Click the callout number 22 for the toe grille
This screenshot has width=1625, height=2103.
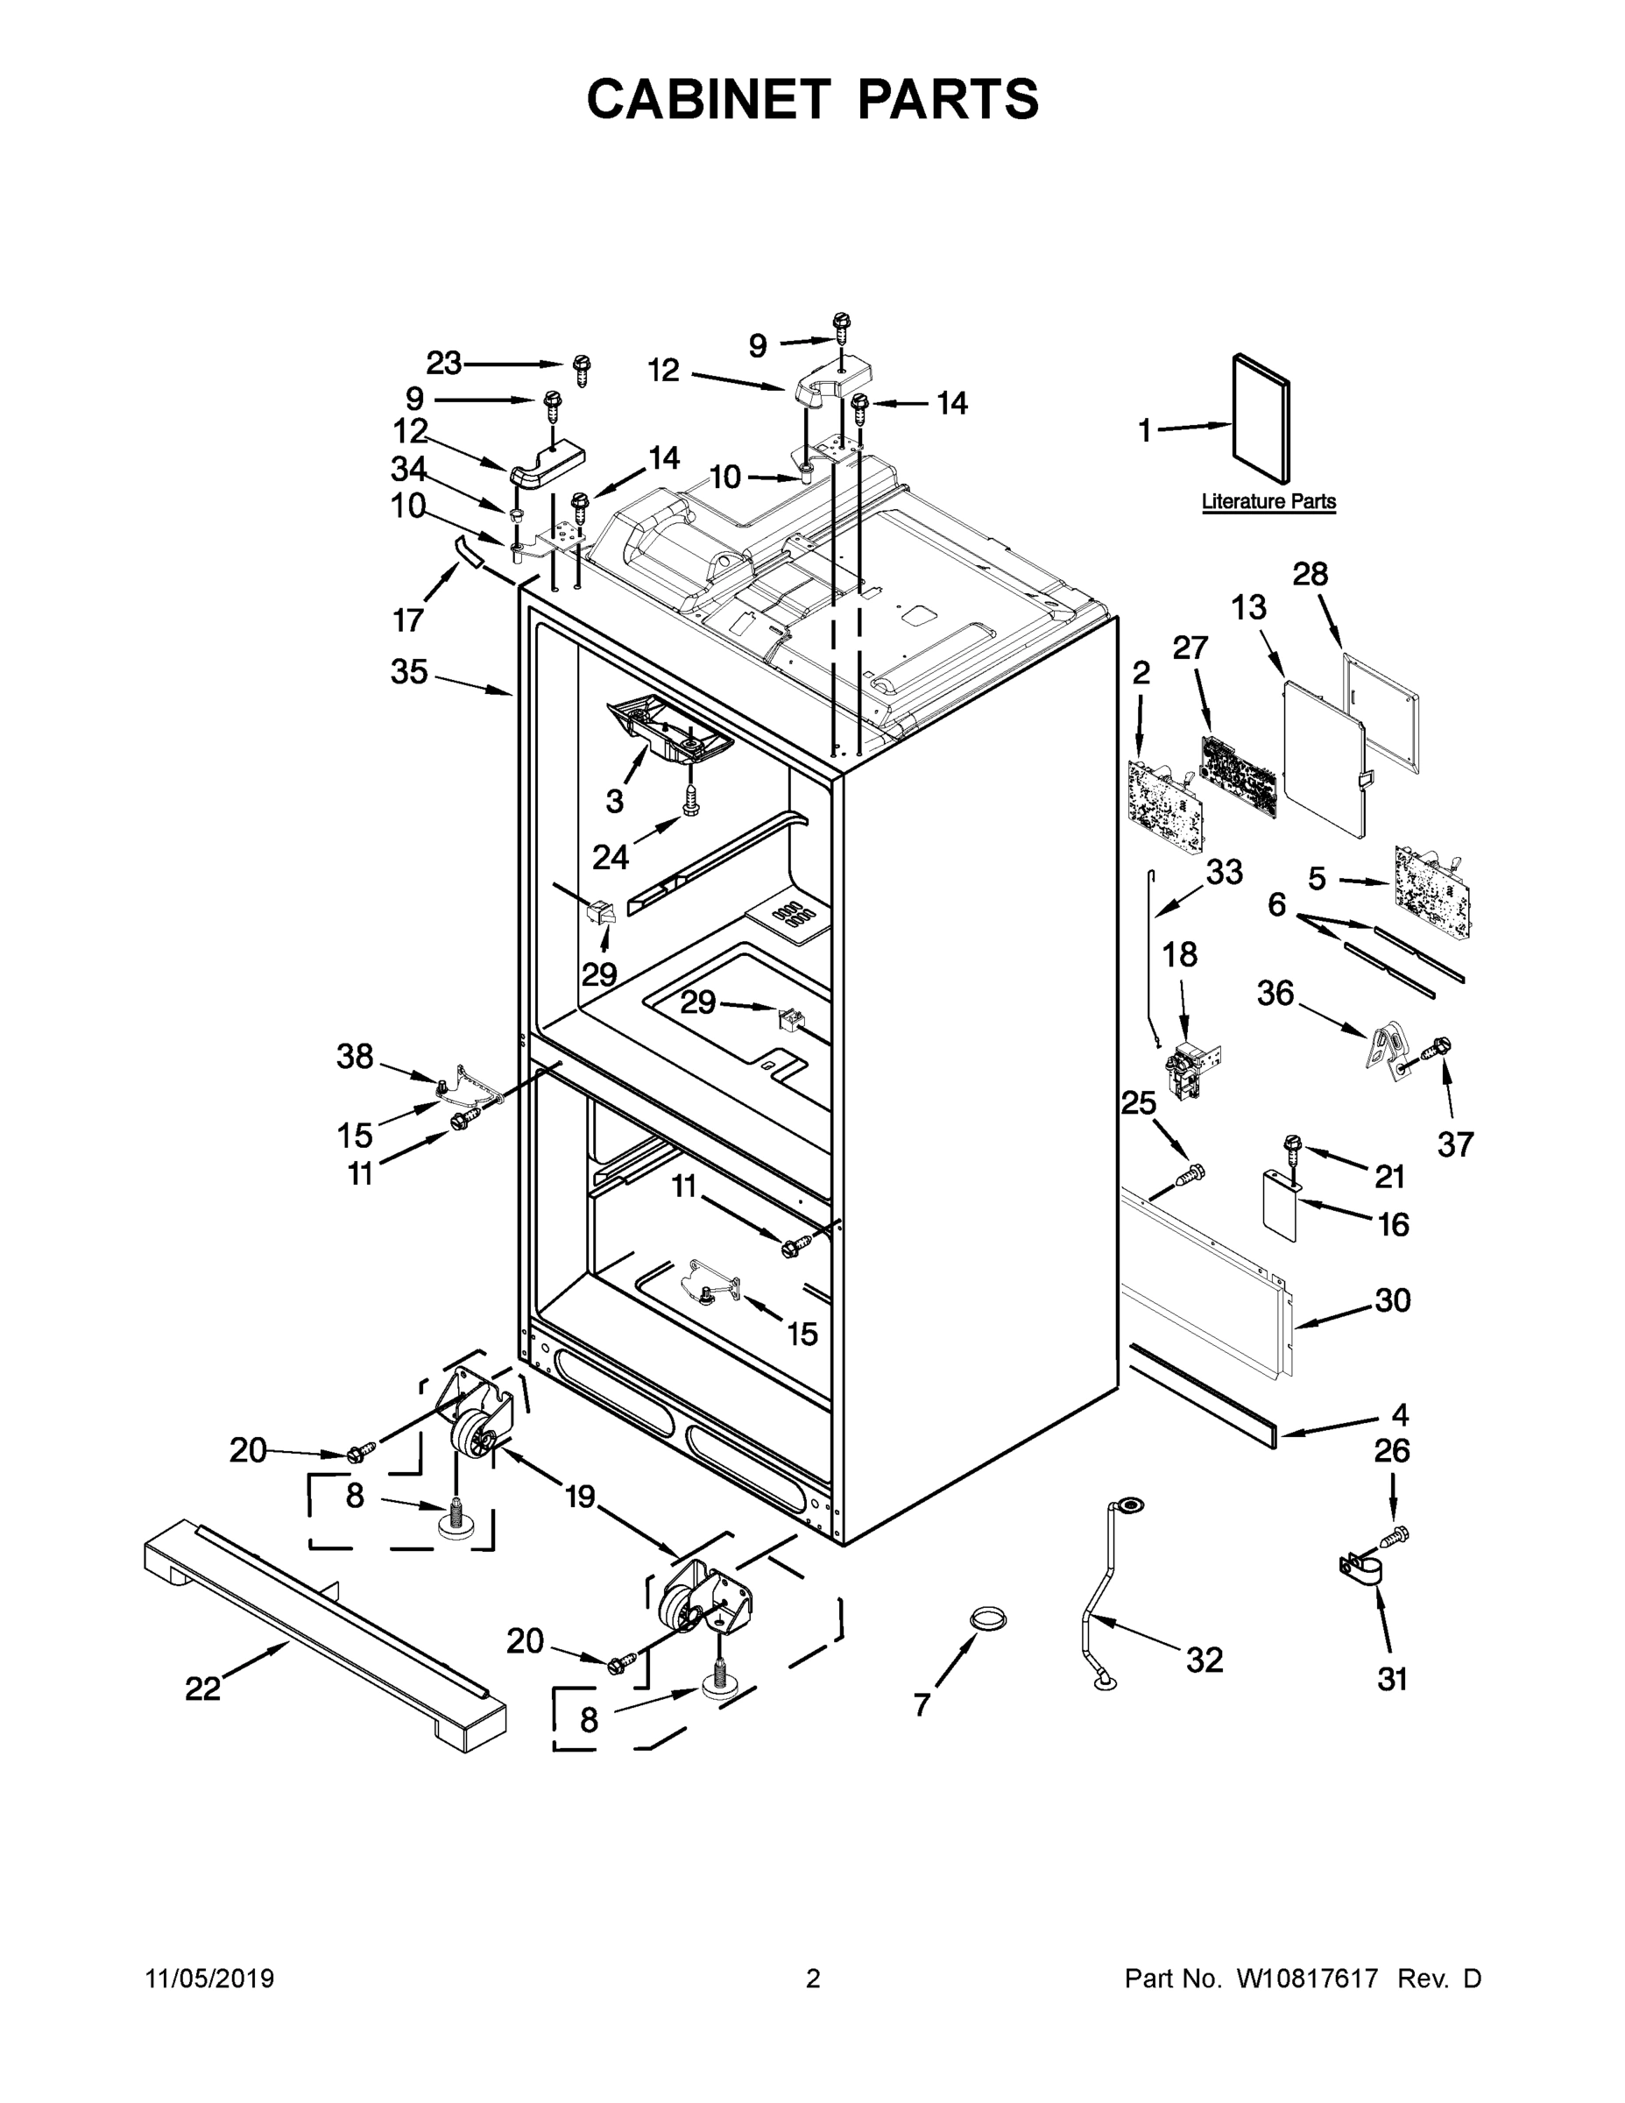tap(202, 1689)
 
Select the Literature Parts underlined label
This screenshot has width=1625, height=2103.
tap(1268, 502)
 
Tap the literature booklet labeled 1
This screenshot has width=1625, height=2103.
tap(1261, 416)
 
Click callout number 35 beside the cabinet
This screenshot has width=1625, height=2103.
tap(408, 672)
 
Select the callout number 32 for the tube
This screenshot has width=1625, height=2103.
tap(1204, 1659)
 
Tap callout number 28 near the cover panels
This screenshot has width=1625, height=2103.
tap(1311, 574)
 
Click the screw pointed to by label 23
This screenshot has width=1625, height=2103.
tap(581, 369)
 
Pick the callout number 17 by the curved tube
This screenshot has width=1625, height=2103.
tap(408, 620)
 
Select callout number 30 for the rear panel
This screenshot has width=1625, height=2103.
tap(1392, 1300)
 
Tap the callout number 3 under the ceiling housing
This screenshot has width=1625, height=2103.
tap(614, 800)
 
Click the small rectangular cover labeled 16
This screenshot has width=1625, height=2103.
tap(1282, 1206)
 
